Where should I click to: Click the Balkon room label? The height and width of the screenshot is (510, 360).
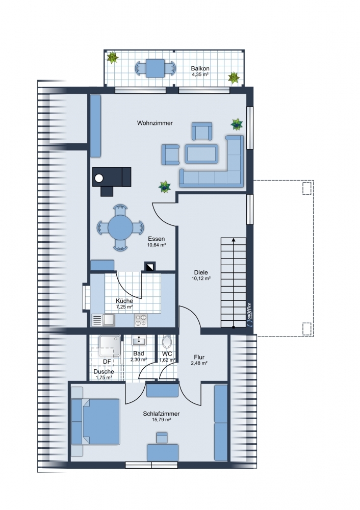200,69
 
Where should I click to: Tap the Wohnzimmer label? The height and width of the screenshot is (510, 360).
155,123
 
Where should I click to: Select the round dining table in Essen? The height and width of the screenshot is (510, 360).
120,227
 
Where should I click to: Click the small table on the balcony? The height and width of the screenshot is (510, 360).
155,68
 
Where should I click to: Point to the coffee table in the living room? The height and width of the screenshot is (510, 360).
201,154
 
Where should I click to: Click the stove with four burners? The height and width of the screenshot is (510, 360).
141,320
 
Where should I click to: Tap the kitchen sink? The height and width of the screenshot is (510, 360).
108,320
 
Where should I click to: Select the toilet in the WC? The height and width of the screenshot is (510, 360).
167,342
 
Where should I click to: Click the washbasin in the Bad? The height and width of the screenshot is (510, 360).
139,341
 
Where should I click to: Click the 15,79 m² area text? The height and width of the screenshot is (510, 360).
161,420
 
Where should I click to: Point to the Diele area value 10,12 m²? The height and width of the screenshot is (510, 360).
201,278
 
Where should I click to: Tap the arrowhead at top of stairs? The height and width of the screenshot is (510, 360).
234,240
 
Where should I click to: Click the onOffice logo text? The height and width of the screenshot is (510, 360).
249,315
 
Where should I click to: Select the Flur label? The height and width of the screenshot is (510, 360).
199,357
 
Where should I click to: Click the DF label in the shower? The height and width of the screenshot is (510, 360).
107,362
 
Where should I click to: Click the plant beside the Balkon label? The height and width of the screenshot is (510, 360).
234,78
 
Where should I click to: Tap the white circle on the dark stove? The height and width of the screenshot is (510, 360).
99,178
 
